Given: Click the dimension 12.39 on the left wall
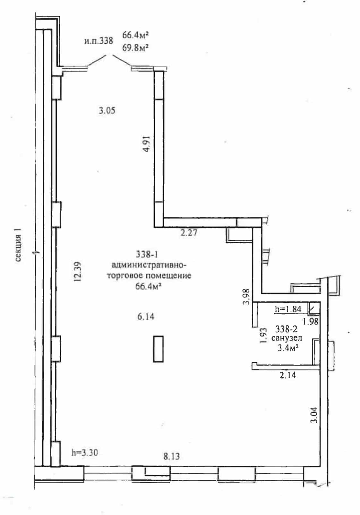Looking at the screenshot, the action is coord(78,272).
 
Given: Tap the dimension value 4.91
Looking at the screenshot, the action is coord(146,144).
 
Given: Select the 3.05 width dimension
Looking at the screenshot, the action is coord(107,110).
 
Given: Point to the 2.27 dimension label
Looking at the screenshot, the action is coord(189,233).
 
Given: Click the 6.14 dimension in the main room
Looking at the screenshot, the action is coord(146,317).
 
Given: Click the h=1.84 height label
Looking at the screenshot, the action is coord(288,309).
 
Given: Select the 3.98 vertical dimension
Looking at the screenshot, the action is coord(246,297).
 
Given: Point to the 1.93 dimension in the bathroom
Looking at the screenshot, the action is coord(263,336).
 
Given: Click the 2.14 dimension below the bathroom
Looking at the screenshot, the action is coord(287,375).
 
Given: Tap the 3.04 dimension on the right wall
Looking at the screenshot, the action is coord(314,415).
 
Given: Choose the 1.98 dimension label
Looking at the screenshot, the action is coord(311,321).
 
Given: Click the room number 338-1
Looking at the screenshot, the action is coord(147,254).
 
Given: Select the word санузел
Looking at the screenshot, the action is coord(287,338).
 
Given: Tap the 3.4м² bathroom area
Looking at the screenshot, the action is coord(288,348).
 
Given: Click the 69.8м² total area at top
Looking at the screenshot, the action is coord(135,48).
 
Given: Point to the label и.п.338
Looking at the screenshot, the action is coord(99,41).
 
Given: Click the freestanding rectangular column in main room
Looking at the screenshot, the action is coord(158,349).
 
